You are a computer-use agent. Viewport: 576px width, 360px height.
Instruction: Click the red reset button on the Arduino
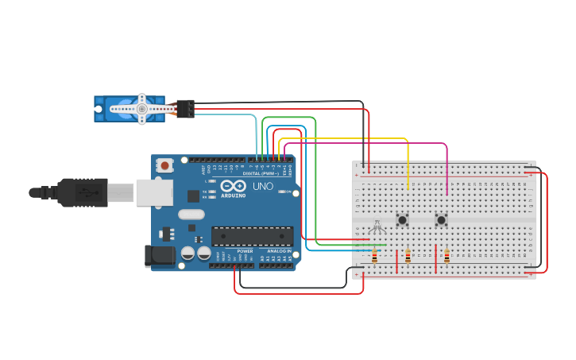(x=164, y=165)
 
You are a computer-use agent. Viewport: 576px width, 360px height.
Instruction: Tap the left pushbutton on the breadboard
(x=403, y=219)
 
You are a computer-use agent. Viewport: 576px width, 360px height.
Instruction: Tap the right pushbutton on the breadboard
(x=441, y=219)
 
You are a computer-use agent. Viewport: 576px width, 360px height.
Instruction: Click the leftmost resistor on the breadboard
(x=374, y=256)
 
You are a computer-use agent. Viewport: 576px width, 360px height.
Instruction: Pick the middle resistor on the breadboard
(x=408, y=256)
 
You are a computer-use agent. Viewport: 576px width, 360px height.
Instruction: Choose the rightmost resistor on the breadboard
(x=446, y=256)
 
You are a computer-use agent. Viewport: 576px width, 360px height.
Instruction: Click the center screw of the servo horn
(x=141, y=108)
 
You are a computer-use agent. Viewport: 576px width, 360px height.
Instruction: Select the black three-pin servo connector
(x=185, y=108)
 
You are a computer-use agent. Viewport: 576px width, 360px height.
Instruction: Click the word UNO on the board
(x=262, y=187)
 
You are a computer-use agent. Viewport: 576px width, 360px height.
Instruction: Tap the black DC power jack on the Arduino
(x=159, y=255)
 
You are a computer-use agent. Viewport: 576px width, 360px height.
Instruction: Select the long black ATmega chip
(x=251, y=236)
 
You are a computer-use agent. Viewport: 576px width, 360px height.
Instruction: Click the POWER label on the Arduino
(x=245, y=250)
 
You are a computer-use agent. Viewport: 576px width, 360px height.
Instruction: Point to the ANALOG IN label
(x=279, y=250)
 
